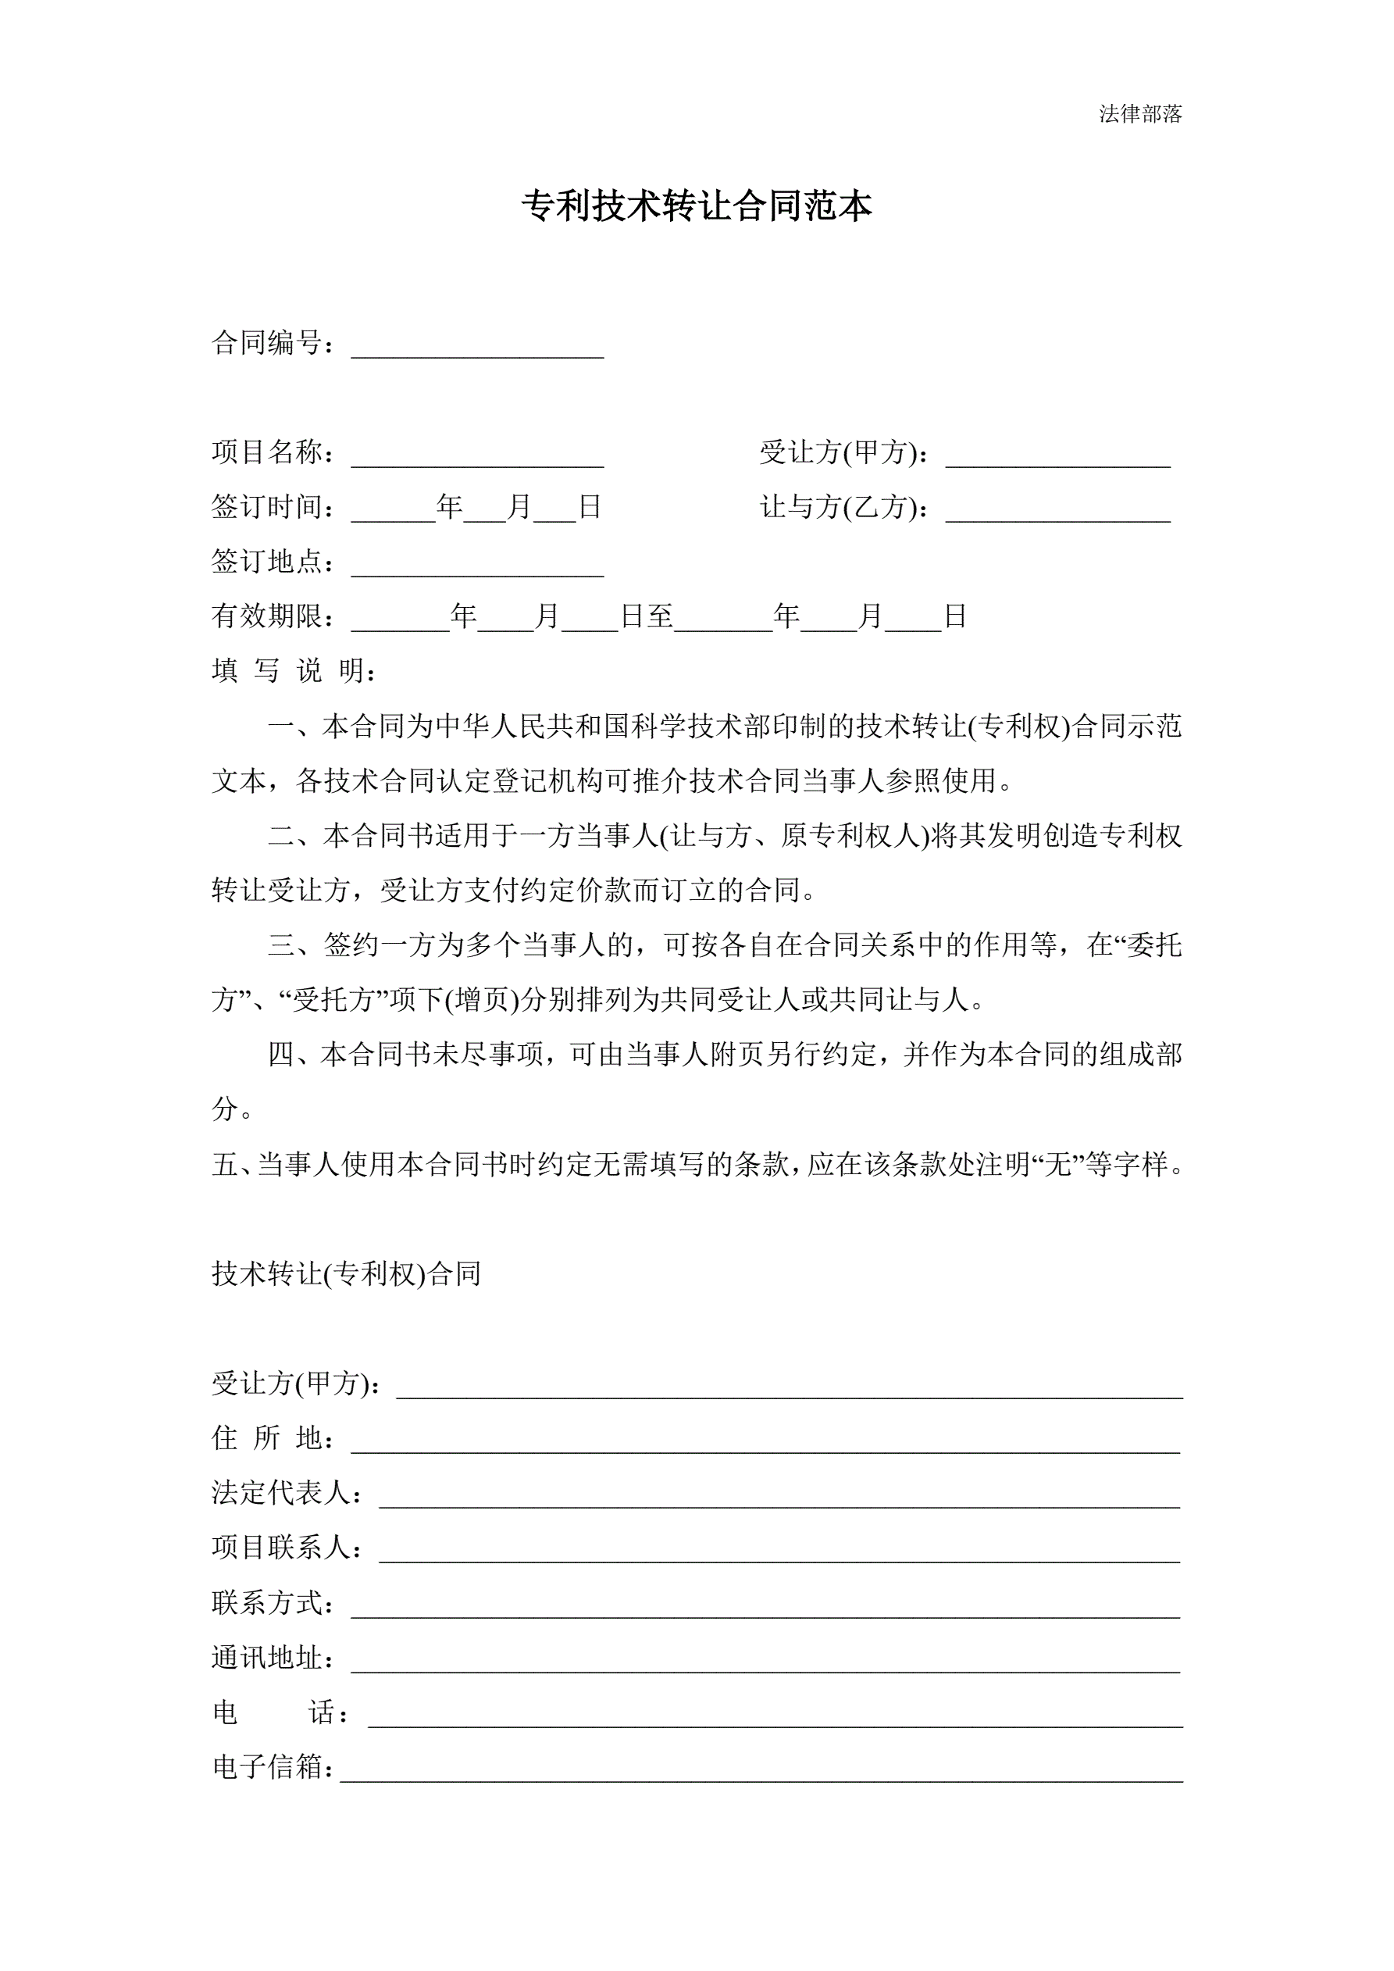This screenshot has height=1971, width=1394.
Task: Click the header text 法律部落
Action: [x=1140, y=114]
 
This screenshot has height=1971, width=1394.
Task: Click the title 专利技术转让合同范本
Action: [x=697, y=207]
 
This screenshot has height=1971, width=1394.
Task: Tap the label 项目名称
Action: [x=268, y=452]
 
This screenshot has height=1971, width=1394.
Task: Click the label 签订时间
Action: [x=268, y=507]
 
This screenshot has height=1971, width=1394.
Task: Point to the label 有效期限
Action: [x=268, y=616]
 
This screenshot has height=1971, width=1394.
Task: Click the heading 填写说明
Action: [x=292, y=670]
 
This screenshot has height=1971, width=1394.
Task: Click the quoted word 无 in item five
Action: [x=1054, y=1165]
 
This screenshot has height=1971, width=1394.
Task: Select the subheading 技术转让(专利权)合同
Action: [x=346, y=1274]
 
